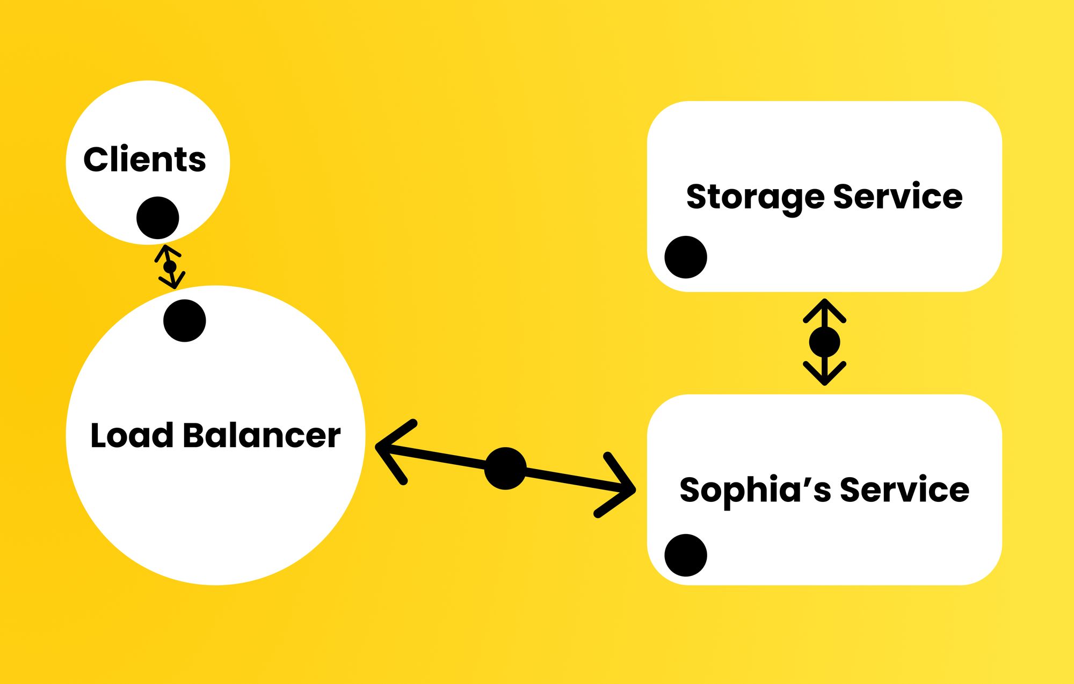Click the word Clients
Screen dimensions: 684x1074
(144, 160)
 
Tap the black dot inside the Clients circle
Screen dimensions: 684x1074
(157, 218)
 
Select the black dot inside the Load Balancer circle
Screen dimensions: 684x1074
(184, 321)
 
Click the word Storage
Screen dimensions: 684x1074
(755, 197)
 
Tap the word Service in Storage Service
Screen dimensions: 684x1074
(897, 196)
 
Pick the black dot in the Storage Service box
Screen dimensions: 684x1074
(685, 257)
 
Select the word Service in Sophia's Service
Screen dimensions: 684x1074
(904, 489)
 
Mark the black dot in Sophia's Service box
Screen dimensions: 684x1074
(685, 556)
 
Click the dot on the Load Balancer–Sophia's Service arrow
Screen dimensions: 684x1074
(505, 469)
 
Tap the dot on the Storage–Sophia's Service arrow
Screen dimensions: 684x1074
(824, 342)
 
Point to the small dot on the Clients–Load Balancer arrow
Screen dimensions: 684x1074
(170, 267)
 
